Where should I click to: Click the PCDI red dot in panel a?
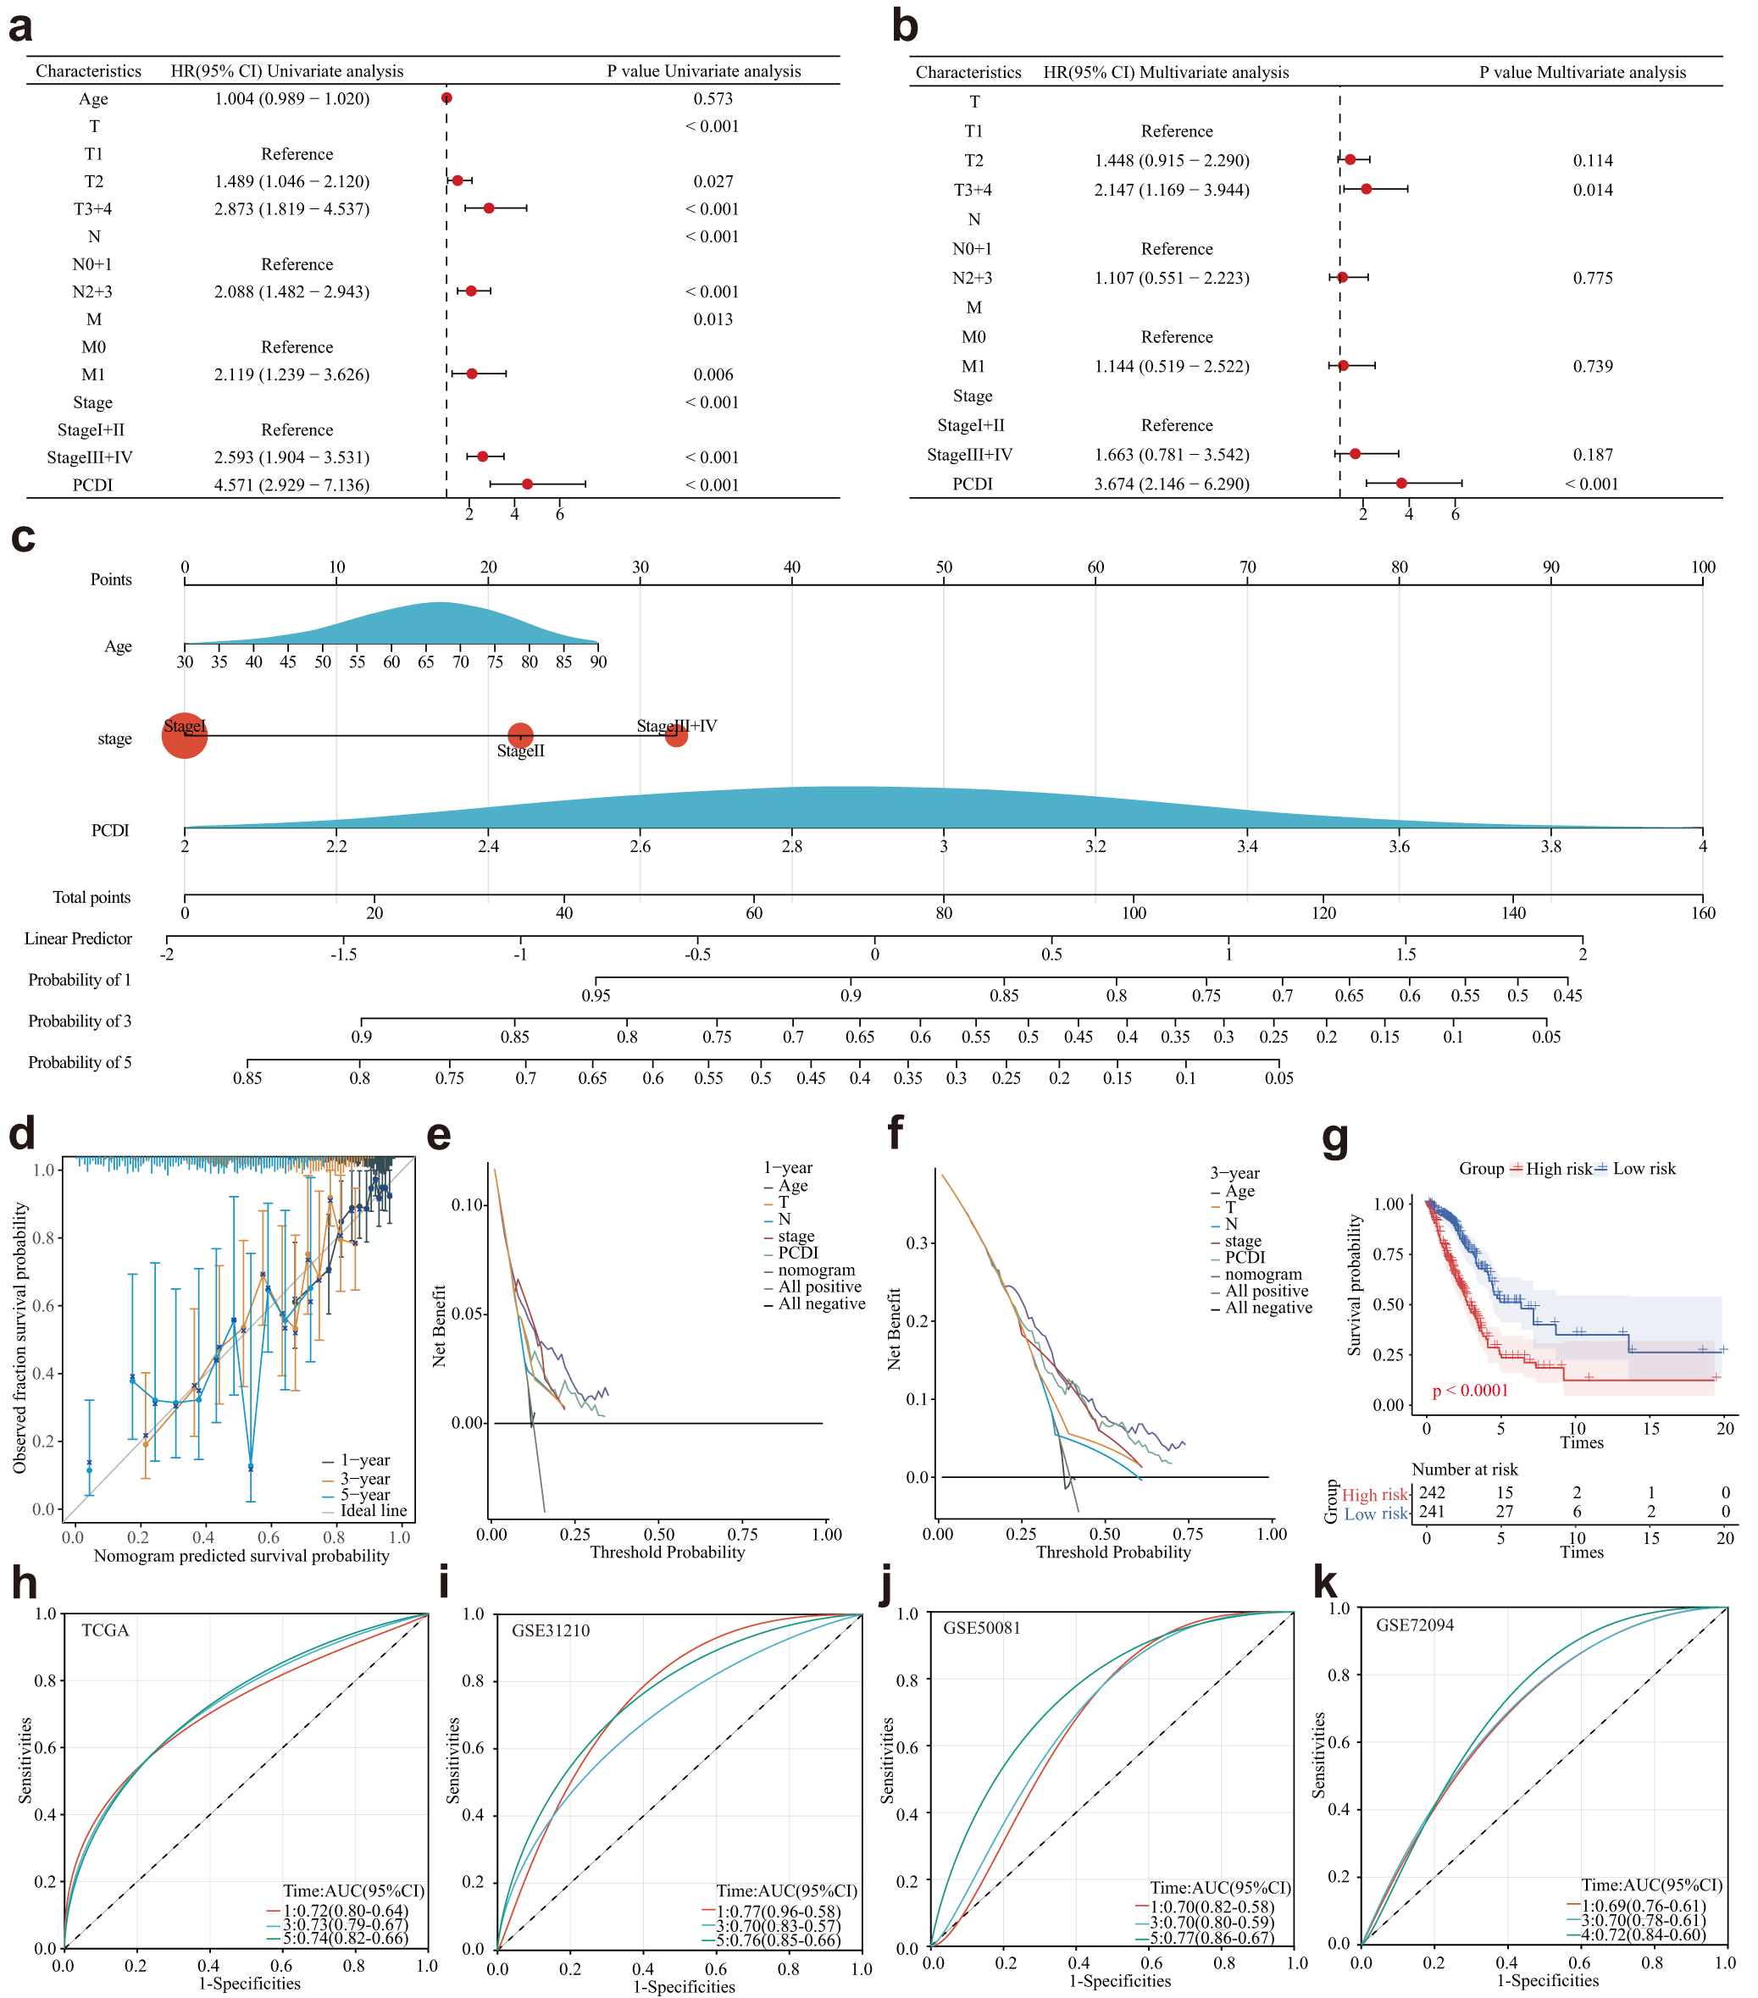click(x=527, y=484)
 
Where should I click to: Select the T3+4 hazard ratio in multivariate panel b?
click(x=1172, y=190)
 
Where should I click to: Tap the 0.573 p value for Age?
click(x=713, y=99)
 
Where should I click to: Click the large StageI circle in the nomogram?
click(x=185, y=736)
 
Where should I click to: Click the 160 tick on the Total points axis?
click(x=1702, y=913)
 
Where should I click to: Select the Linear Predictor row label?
click(x=78, y=938)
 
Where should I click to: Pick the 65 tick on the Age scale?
click(x=426, y=661)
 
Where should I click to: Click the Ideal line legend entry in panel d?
click(x=373, y=1510)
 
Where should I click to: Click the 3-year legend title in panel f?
click(x=1235, y=1173)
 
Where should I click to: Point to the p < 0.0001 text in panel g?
click(x=1470, y=1390)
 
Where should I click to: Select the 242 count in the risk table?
click(x=1433, y=1492)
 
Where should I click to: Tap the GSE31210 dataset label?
click(x=551, y=1630)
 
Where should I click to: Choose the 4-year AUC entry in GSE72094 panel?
click(x=1644, y=1934)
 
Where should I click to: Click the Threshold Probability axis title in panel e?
click(x=667, y=1552)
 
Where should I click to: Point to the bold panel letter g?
click(x=1334, y=1137)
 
